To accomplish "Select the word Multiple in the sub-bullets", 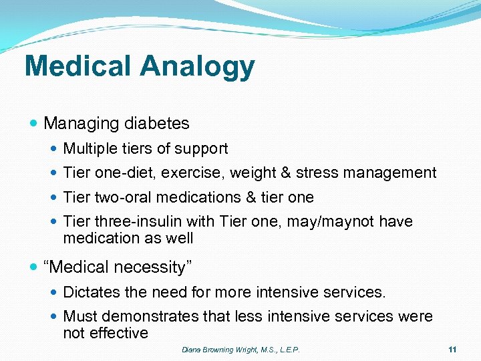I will point(88,149).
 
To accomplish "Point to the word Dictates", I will point(89,292).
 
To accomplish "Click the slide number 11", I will point(452,350).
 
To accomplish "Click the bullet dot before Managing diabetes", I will point(34,124).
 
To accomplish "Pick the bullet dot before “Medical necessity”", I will point(34,267).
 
